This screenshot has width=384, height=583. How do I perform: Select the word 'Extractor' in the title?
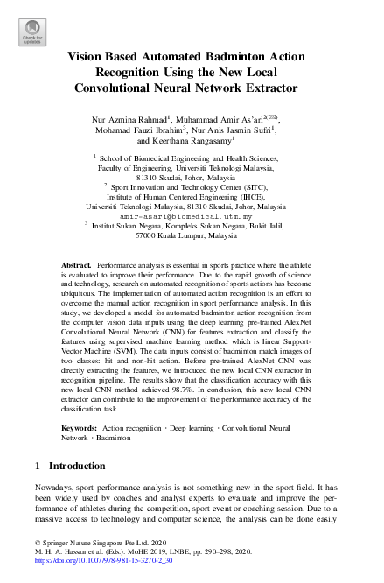coord(283,88)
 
